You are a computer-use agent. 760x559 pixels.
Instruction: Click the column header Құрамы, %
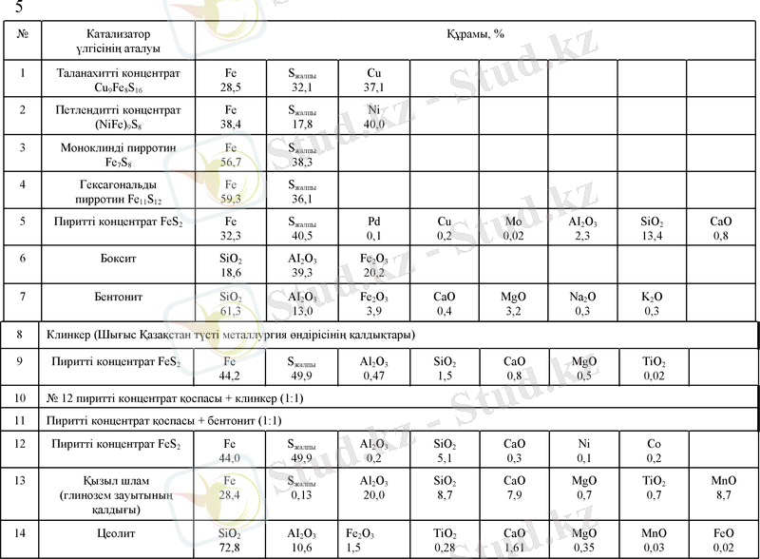[475, 35]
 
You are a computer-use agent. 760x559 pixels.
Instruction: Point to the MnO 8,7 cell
[722, 489]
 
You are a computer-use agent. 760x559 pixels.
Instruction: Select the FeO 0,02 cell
[722, 540]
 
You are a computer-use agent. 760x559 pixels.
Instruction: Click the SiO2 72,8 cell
[231, 540]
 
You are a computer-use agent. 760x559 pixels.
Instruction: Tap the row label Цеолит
[121, 534]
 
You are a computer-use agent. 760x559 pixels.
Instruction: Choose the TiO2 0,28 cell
[445, 540]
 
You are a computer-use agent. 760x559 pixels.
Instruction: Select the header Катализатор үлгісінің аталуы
[121, 41]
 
